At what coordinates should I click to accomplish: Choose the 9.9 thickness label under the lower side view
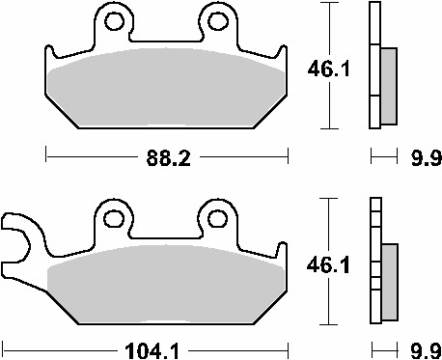pos(424,348)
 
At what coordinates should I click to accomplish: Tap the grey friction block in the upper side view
pos(388,87)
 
